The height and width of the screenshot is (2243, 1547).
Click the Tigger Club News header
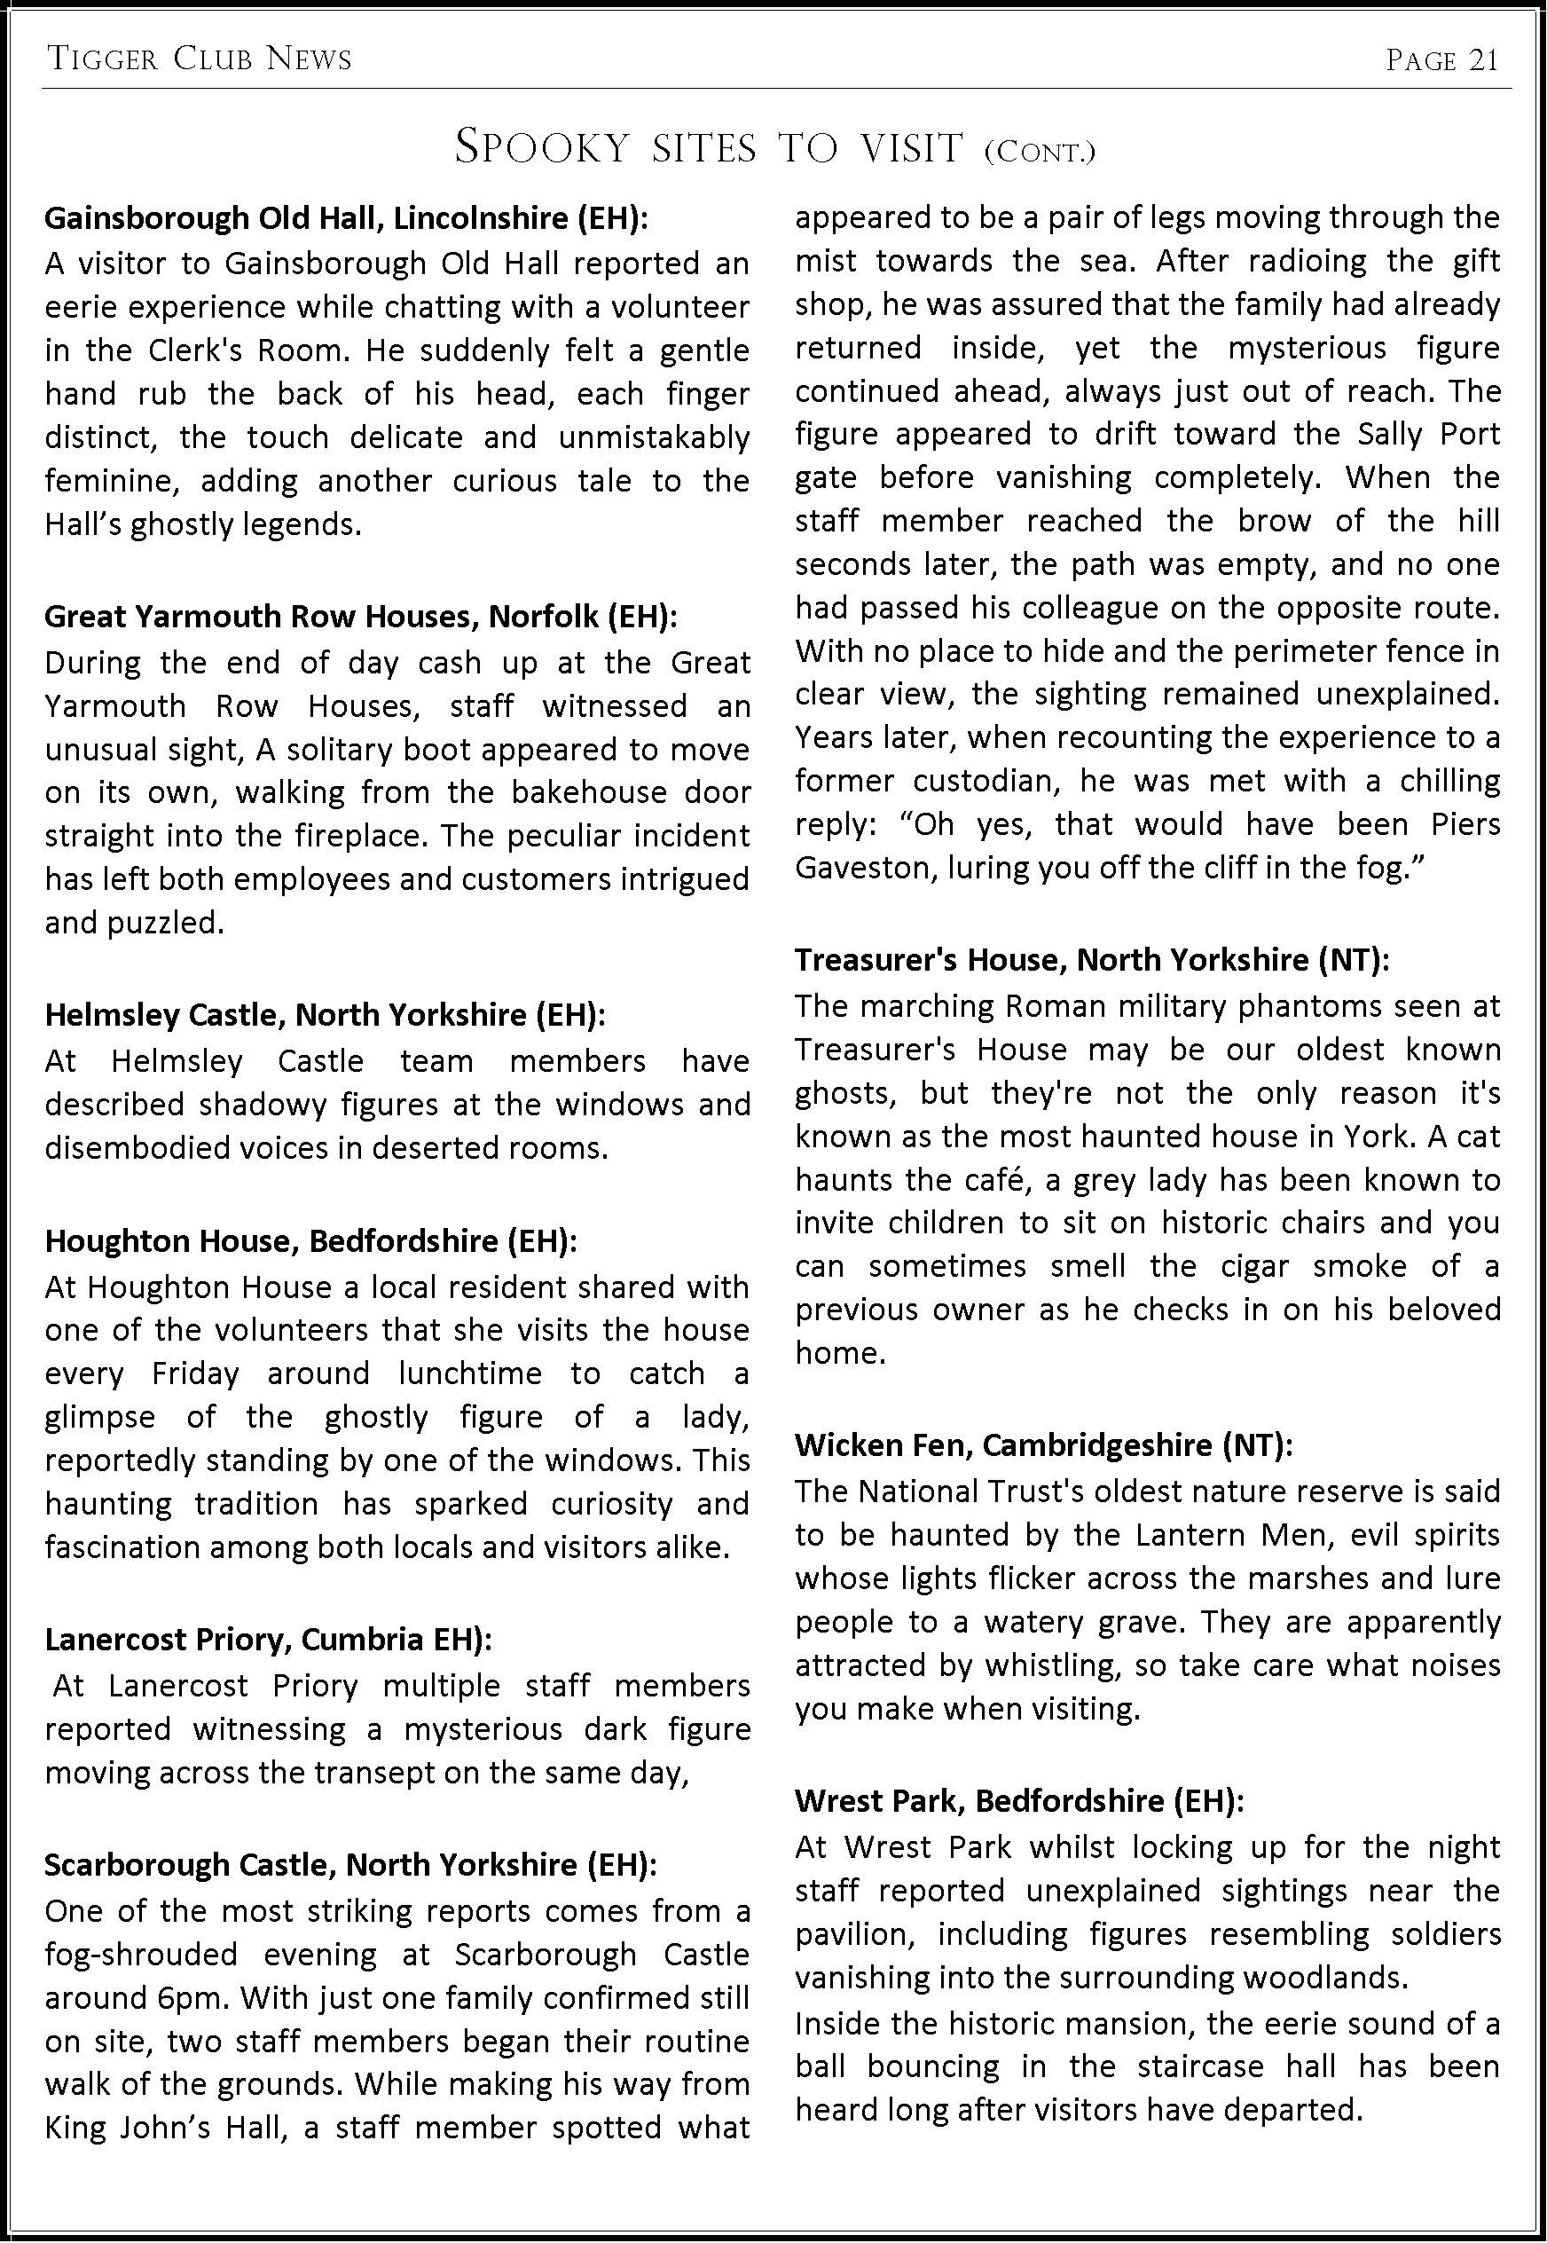200,60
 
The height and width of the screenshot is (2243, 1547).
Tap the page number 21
1442,60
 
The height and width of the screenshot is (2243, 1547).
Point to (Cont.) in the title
1039,153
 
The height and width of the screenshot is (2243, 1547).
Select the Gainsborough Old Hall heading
346,218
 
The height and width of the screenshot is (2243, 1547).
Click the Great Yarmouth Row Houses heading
360,617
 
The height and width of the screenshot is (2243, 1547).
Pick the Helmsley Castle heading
325,1015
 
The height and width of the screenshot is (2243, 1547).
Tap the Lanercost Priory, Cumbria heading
269,1639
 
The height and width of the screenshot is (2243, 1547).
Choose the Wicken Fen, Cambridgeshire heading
1044,1445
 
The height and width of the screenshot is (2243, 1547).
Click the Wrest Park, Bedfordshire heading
1018,1801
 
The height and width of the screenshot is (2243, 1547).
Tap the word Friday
195,1374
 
